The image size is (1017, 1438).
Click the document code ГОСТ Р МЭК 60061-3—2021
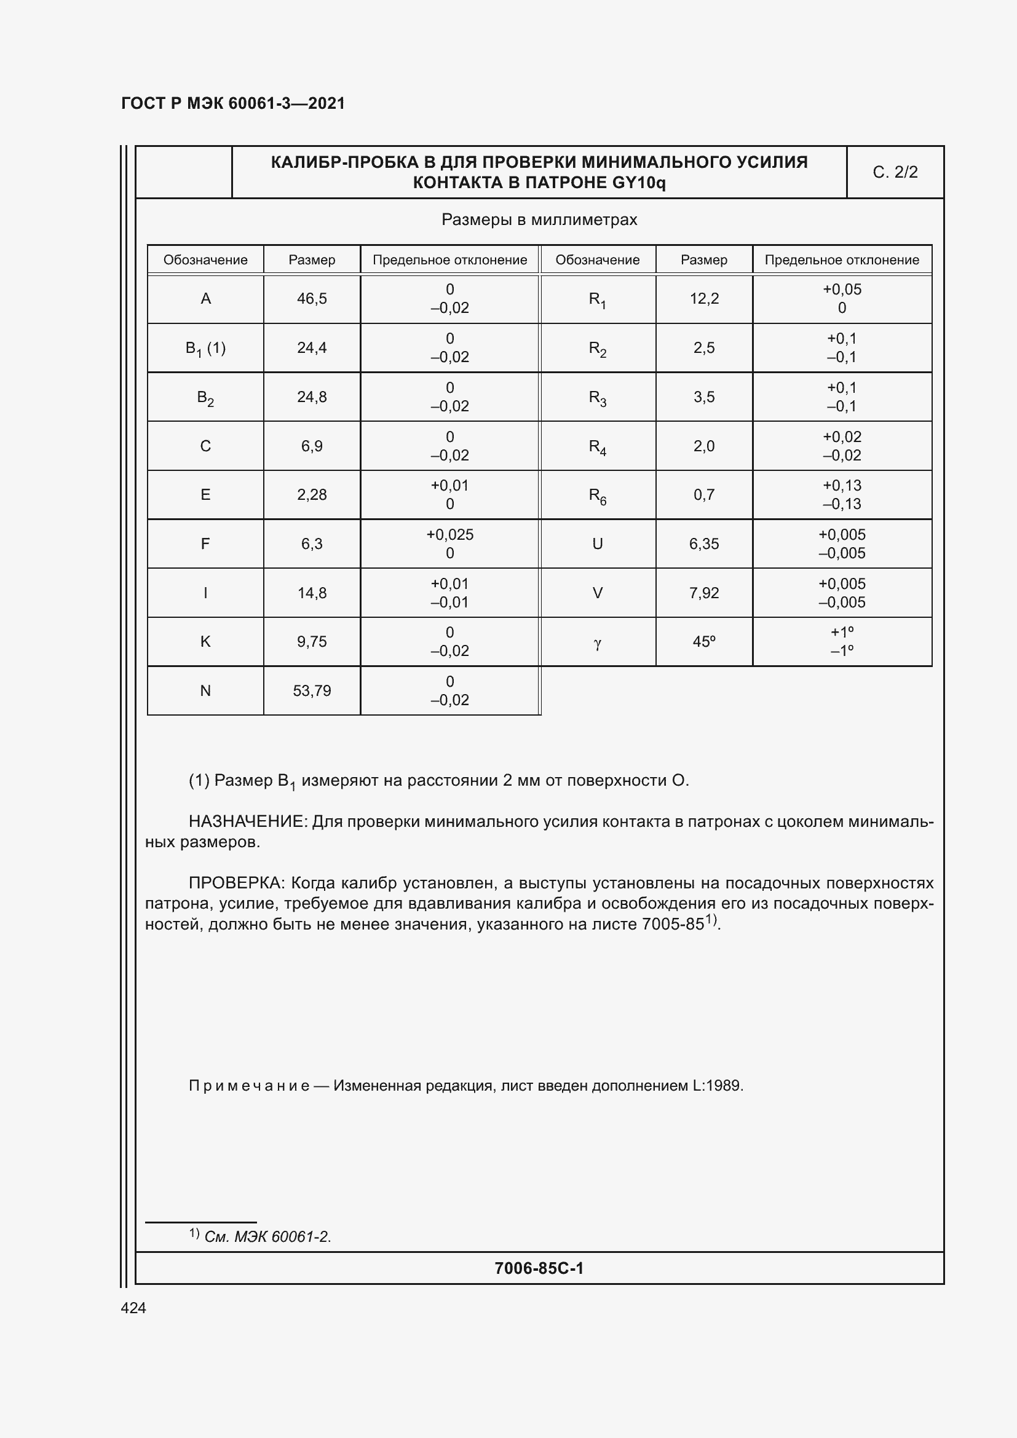232,103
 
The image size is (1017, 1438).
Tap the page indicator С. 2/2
894,172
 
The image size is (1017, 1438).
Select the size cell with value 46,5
312,299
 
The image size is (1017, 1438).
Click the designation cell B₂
205,398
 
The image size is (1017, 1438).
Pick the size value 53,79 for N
312,691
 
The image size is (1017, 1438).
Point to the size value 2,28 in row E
312,495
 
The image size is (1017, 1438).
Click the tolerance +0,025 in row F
449,535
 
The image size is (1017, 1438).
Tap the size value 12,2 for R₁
704,299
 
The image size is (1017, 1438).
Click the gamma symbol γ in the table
597,643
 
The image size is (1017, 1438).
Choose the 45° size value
704,642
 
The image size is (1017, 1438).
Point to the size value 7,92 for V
704,593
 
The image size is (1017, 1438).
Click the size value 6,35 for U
704,543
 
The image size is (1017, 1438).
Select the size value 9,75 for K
312,642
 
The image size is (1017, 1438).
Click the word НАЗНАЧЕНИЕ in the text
247,822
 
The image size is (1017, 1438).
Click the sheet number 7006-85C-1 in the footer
539,1268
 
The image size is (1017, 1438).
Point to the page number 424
133,1308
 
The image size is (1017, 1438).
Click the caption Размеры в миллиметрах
539,220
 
